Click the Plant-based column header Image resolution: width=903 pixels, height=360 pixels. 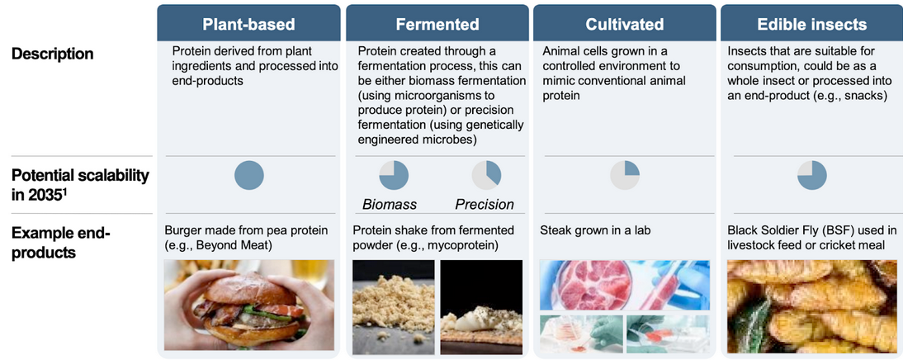[248, 24]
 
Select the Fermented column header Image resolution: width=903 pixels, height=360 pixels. [437, 24]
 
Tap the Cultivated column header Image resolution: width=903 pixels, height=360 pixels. [624, 24]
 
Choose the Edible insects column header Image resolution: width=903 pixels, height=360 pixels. [812, 24]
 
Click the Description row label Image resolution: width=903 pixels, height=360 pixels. [52, 54]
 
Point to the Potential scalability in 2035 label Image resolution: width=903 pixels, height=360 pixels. [80, 184]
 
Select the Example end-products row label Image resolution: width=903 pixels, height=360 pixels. [60, 243]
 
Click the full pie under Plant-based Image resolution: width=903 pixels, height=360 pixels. [248, 176]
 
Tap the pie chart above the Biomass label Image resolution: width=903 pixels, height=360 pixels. [394, 176]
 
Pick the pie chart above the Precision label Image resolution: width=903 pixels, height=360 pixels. [486, 176]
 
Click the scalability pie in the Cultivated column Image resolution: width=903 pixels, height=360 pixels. [625, 176]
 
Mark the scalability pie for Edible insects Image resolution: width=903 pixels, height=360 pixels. [812, 176]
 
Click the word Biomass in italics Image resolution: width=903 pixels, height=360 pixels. [390, 205]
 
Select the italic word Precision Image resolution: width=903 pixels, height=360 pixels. [485, 205]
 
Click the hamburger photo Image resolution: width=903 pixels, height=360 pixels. [248, 306]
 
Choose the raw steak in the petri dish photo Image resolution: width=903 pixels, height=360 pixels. [625, 285]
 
